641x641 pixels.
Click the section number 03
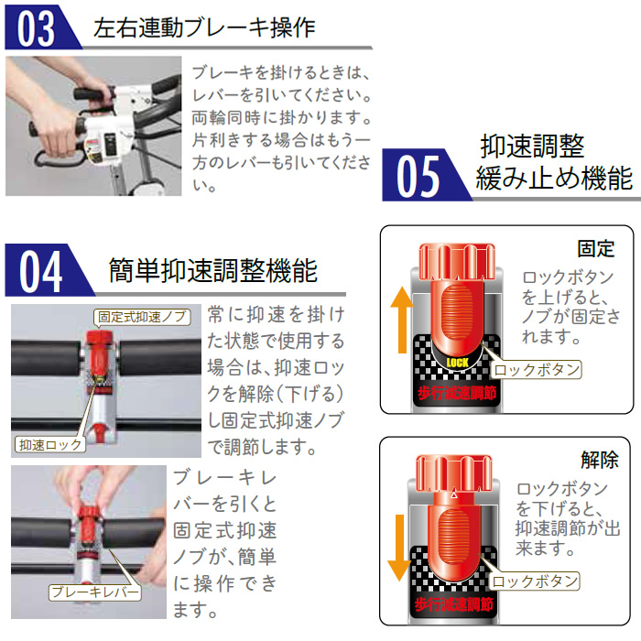pos(36,28)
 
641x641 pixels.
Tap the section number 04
pos(40,271)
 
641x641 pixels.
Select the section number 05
pos(418,176)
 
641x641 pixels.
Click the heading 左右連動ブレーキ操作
pos(204,27)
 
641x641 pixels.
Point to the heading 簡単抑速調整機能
pos(213,271)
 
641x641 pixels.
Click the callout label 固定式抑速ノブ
pos(142,317)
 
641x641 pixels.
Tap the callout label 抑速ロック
pos(50,444)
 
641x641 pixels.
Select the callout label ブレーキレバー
pos(95,592)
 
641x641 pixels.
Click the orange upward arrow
pos(402,320)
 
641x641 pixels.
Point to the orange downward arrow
pos(399,548)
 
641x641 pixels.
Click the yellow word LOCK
pos(458,363)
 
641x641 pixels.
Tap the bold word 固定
pos(595,248)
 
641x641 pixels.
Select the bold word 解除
pos(600,460)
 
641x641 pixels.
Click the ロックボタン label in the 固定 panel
pos(537,370)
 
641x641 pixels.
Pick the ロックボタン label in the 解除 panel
pos(535,581)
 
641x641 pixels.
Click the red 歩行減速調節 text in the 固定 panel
pos(457,393)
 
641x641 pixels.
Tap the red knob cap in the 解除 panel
pos(454,473)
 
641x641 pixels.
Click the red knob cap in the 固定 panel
pos(457,262)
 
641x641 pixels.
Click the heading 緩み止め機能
pos(554,179)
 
